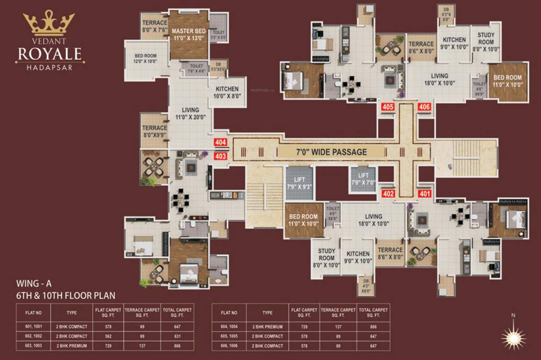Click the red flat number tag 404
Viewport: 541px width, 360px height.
click(x=220, y=142)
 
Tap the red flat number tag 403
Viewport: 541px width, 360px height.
click(x=220, y=155)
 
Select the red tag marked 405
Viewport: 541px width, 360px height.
click(x=388, y=107)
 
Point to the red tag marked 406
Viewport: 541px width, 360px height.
click(x=424, y=107)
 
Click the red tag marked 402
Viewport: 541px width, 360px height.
click(x=388, y=193)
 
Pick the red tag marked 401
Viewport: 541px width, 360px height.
click(x=425, y=193)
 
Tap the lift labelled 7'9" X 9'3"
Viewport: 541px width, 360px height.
click(x=300, y=183)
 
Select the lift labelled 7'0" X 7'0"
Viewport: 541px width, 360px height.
click(x=363, y=179)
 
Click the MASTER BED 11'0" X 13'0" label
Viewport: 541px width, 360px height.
click(x=189, y=35)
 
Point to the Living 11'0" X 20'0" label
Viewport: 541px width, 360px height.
click(x=190, y=114)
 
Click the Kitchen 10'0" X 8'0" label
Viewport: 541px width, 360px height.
click(x=227, y=93)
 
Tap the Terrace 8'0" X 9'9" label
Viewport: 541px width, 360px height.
click(x=154, y=131)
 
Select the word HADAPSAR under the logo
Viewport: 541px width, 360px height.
click(x=50, y=67)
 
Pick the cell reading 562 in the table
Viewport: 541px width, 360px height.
click(x=108, y=336)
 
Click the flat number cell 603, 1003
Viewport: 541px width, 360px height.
click(x=32, y=346)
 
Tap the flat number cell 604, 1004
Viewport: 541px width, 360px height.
click(x=229, y=327)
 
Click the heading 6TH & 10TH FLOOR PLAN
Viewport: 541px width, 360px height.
click(x=65, y=295)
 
